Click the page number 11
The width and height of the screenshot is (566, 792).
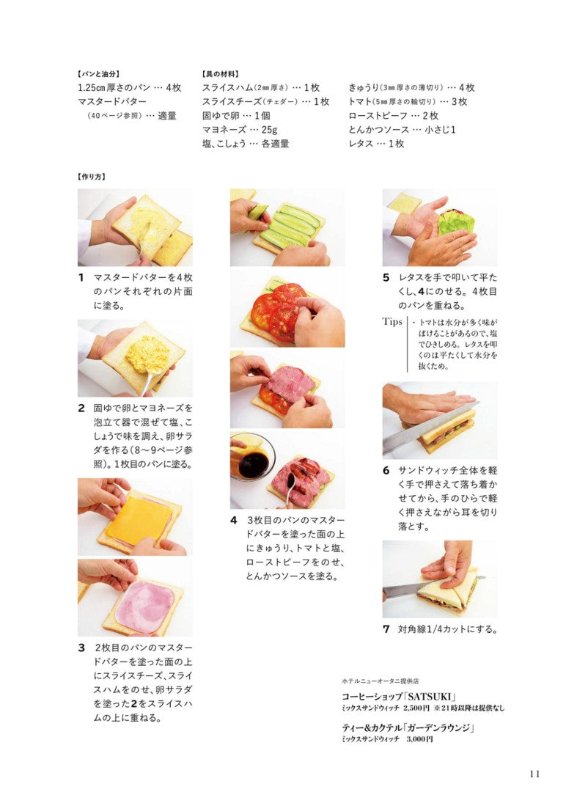coord(534,774)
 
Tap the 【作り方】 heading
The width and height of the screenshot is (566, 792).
coord(92,177)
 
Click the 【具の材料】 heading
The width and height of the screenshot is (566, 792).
coord(221,74)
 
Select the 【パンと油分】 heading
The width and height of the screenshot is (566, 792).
coord(98,74)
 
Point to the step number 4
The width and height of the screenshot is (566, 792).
coord(233,520)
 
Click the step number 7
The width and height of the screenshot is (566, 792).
coord(386,629)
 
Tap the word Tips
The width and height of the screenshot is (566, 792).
coord(392,322)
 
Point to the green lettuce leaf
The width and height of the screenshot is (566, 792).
coord(457,222)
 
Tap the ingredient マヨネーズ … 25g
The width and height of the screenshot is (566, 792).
coord(240,129)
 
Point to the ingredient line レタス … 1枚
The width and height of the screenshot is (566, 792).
coord(376,144)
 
